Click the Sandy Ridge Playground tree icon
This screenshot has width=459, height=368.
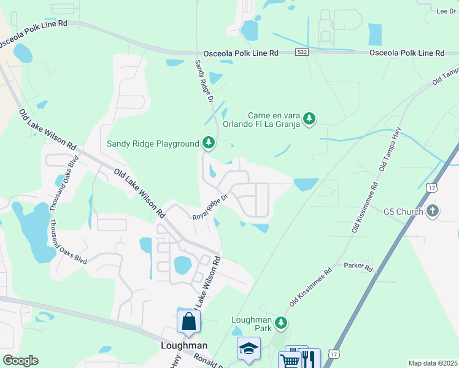point(209,144)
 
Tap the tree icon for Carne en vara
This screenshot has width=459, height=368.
point(310,118)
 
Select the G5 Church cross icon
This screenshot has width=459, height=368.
point(433,212)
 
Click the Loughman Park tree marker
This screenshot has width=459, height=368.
point(281,322)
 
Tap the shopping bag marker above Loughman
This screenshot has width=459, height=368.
point(188,321)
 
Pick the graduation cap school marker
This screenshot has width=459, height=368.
point(249,348)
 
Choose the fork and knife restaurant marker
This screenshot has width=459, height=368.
point(310,359)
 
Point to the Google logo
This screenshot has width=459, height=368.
point(20,361)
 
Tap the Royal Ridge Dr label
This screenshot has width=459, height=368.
point(210,207)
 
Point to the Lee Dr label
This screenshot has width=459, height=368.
point(445,11)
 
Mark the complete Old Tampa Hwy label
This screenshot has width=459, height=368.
point(390,148)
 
